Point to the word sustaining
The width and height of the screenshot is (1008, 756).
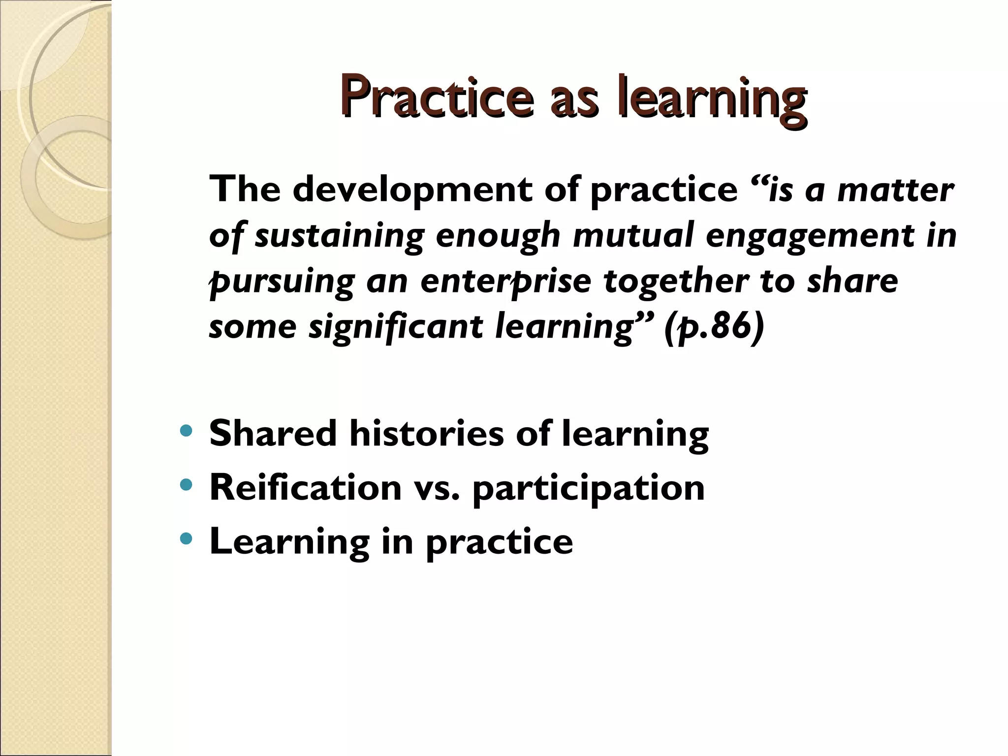[339, 236]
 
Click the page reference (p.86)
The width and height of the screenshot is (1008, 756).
[714, 327]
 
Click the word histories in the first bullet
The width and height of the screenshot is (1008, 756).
[426, 434]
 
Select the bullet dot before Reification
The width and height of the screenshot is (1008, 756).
[187, 486]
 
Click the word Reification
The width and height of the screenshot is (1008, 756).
[305, 487]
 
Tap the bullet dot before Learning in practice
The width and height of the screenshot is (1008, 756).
[187, 540]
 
